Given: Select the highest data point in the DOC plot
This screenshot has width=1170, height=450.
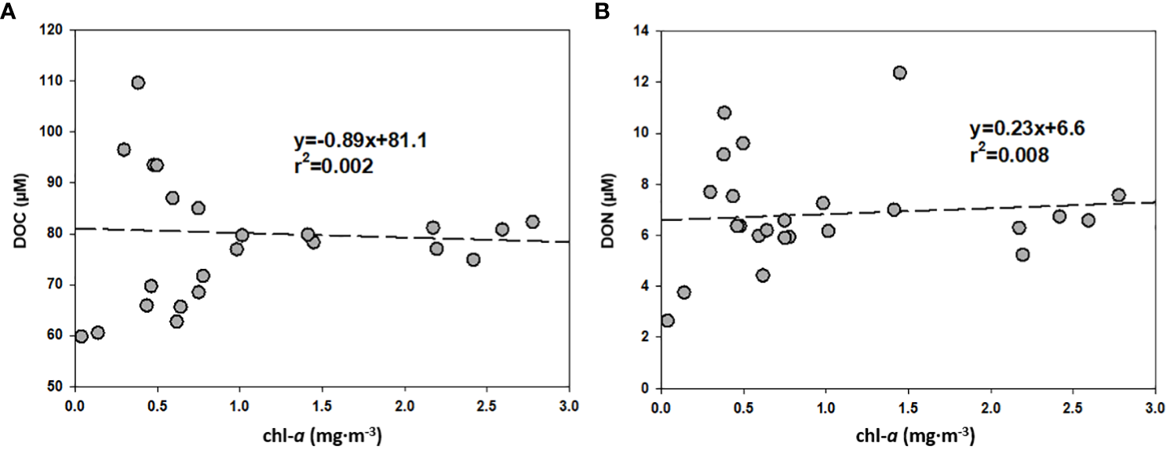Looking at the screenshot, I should (x=138, y=83).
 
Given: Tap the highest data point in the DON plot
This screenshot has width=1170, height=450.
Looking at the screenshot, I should (x=899, y=73).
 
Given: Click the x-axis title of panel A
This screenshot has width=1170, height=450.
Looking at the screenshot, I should (x=322, y=434).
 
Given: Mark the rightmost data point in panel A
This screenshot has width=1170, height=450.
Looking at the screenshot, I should (x=532, y=222).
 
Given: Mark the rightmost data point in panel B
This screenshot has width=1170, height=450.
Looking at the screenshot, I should (x=1118, y=195).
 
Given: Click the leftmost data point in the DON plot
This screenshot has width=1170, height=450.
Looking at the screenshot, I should (x=667, y=321).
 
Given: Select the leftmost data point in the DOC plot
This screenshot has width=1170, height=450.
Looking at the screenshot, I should (x=81, y=336).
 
